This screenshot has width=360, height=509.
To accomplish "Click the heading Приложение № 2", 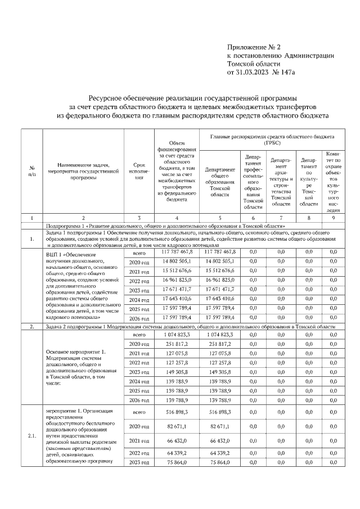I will point(251,47).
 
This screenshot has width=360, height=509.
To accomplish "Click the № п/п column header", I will point(32,172).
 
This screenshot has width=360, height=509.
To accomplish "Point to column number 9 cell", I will point(333,217).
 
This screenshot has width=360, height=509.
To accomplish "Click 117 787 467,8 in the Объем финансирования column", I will point(177,251).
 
